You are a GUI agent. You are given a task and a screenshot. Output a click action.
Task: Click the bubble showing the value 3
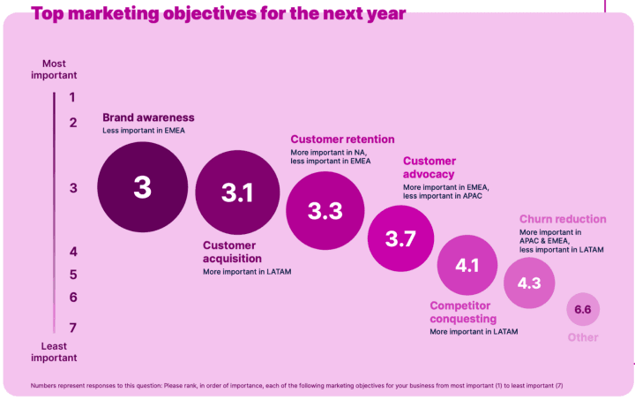tap(142, 188)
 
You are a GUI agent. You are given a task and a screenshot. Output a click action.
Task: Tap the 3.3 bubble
tap(325, 211)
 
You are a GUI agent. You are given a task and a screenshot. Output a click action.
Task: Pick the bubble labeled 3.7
tap(401, 238)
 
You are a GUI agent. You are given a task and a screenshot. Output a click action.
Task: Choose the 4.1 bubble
tap(467, 265)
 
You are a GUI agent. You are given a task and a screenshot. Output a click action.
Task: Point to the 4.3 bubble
tap(529, 283)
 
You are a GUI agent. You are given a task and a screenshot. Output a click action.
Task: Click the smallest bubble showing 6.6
tap(583, 310)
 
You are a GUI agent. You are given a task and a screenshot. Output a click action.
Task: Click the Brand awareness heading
tap(148, 117)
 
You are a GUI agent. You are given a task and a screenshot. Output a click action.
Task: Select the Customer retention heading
tap(342, 140)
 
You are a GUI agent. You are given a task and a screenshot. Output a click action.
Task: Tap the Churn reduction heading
tap(563, 219)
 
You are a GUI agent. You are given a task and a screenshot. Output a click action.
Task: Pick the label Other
tap(583, 337)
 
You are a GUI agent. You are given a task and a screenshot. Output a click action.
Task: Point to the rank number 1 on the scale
tap(72, 98)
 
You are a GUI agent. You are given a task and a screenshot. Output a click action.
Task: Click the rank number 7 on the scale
tap(72, 328)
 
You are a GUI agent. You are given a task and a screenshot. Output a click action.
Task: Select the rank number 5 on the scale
tap(72, 275)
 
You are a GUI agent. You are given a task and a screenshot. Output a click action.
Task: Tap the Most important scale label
tap(60, 69)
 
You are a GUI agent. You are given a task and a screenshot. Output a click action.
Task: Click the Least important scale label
tap(55, 351)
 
